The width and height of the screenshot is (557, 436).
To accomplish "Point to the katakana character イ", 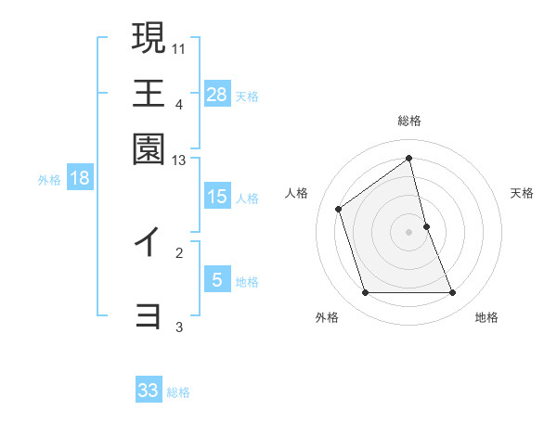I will click(x=148, y=242).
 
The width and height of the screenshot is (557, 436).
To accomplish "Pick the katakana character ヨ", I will click(x=149, y=316).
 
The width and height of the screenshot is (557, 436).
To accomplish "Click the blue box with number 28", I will click(x=217, y=95).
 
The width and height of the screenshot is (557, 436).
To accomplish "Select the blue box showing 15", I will click(x=217, y=197).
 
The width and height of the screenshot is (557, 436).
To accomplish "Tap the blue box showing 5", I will click(x=217, y=280).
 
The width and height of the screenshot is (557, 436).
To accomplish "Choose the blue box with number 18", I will click(x=80, y=179).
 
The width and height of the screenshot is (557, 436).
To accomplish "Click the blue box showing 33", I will click(x=149, y=391).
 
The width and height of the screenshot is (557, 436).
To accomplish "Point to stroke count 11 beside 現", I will click(x=179, y=47).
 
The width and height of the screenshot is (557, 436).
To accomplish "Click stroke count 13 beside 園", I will click(x=179, y=161).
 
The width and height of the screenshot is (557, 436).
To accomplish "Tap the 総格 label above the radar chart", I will click(x=409, y=122).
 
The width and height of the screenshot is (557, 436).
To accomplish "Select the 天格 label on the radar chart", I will click(x=523, y=193).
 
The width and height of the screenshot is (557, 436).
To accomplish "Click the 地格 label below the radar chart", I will click(x=486, y=317).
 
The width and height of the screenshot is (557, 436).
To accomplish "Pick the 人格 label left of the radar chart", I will click(x=297, y=193).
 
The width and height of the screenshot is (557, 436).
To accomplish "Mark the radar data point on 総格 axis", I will click(x=409, y=158).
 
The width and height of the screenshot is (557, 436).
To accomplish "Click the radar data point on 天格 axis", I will click(x=426, y=226).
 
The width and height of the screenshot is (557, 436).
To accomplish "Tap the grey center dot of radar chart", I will click(x=409, y=232).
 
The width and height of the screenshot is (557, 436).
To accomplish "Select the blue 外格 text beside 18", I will click(x=49, y=180).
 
